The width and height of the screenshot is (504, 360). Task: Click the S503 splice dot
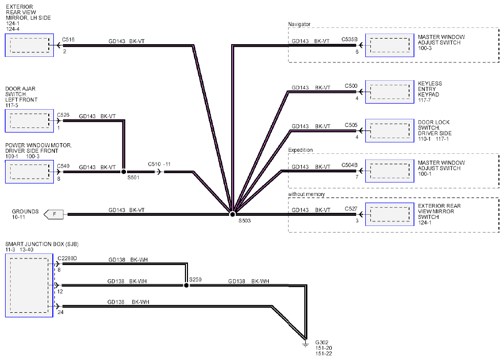click(232, 214)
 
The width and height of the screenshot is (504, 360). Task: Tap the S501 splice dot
click(124, 172)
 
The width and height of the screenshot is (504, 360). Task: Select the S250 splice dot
click(186, 285)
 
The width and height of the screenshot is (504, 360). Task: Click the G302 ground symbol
click(305, 343)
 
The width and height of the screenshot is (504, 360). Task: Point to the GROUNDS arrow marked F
click(53, 214)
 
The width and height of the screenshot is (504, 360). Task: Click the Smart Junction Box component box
click(29, 285)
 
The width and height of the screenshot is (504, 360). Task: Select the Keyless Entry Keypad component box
click(390, 92)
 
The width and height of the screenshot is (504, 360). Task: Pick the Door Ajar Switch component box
click(29, 121)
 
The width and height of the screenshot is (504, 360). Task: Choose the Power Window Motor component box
click(29, 172)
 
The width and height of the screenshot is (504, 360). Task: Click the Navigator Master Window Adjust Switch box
click(390, 45)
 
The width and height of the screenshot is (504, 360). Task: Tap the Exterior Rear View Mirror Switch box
click(390, 214)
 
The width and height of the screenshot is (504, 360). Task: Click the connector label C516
click(68, 40)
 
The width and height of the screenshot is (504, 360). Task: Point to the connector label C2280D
click(67, 258)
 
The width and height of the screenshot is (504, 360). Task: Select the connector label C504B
click(350, 165)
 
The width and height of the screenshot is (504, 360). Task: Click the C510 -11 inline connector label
click(159, 164)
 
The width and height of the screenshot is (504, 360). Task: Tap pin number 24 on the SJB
click(60, 312)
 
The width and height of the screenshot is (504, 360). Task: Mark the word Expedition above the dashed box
click(300, 150)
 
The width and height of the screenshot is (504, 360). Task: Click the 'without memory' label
click(306, 194)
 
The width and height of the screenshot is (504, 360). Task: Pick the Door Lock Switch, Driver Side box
click(390, 130)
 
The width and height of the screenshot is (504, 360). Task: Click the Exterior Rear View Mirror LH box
click(29, 45)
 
